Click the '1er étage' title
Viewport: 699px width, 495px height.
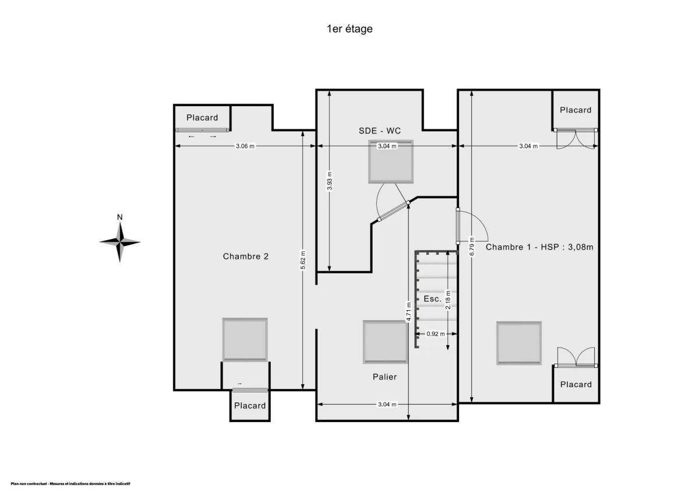tap(349, 29)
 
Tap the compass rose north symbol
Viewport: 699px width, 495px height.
tap(120, 241)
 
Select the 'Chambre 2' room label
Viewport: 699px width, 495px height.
tap(246, 257)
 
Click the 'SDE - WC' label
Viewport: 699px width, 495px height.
tap(379, 131)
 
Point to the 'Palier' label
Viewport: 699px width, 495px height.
tap(385, 377)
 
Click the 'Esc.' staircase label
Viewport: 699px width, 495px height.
tap(432, 299)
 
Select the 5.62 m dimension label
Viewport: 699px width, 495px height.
tap(303, 260)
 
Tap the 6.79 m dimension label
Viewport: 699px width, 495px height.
tap(471, 247)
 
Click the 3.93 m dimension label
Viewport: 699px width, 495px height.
tap(329, 181)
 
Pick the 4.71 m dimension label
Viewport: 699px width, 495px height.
tap(408, 311)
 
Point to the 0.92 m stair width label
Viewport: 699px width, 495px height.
tap(436, 334)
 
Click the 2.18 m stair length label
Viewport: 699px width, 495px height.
tap(448, 300)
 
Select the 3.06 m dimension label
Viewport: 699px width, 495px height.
tap(245, 146)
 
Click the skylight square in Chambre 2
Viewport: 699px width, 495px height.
tap(245, 340)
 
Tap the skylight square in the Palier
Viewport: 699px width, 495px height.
tap(386, 342)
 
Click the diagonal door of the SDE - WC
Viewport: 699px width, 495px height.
tap(394, 212)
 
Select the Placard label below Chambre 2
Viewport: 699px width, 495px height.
tap(250, 405)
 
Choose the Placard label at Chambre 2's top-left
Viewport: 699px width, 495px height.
tap(202, 117)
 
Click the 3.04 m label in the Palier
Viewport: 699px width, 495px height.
tap(387, 405)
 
